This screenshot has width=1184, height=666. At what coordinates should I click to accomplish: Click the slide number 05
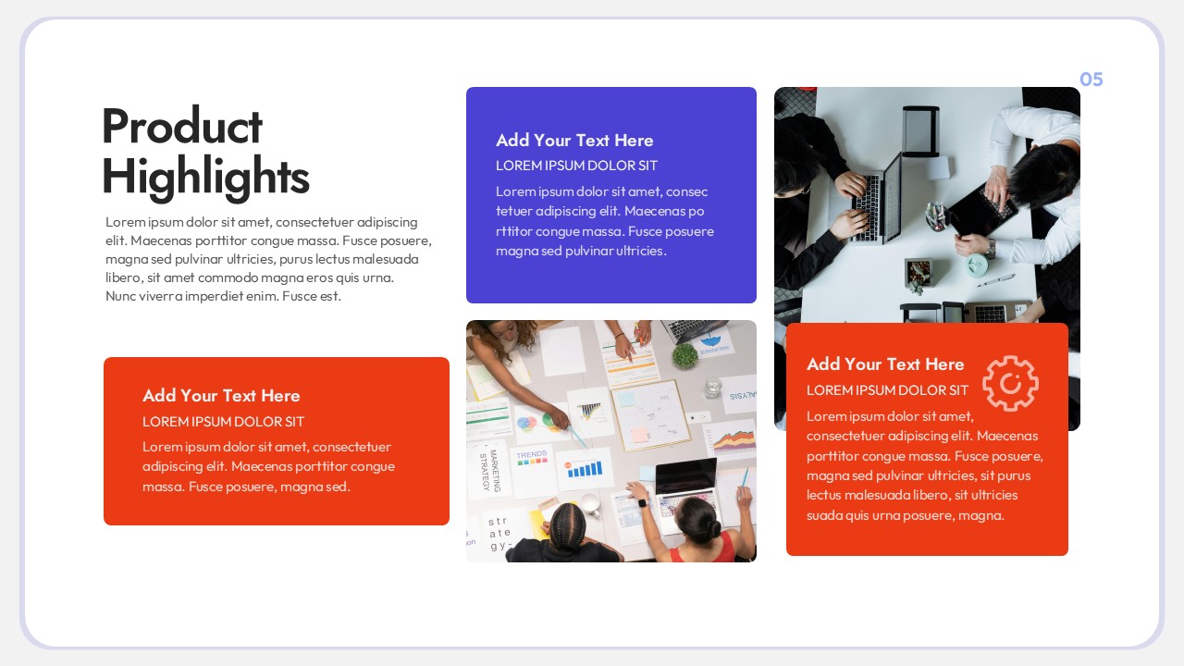click(1091, 80)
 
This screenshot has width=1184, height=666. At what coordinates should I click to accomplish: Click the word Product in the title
click(182, 127)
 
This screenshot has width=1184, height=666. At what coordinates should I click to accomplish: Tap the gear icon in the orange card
click(1010, 383)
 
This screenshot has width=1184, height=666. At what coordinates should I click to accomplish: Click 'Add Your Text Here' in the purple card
click(574, 141)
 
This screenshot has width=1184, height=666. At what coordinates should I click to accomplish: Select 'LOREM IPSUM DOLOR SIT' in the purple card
click(576, 166)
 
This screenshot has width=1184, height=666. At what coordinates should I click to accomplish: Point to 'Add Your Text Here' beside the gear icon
click(885, 364)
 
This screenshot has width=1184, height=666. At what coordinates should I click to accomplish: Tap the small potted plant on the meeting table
click(684, 355)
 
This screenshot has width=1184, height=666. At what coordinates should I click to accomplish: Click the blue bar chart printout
click(585, 469)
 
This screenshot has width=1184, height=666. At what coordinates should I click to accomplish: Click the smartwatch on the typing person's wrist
click(641, 504)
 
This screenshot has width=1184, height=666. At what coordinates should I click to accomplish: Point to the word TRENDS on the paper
click(532, 455)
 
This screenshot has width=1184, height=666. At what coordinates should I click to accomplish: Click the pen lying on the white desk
click(995, 280)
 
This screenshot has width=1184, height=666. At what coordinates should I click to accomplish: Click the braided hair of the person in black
click(563, 524)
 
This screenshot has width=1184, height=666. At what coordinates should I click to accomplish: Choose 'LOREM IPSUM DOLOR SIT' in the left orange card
click(223, 422)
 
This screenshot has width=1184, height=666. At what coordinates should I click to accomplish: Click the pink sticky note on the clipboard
click(639, 434)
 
